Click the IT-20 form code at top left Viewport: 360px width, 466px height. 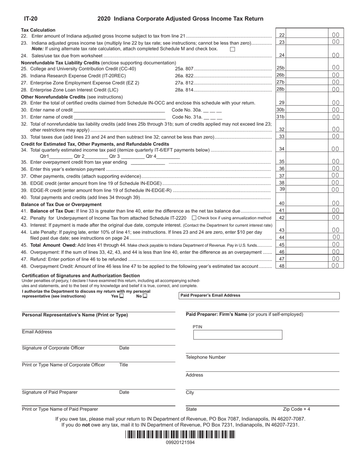[31, 19]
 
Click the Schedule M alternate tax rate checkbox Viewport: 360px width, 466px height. [233, 49]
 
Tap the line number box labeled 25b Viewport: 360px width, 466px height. [280, 68]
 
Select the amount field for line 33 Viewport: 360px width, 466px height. [309, 136]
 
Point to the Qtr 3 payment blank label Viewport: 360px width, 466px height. [114, 156]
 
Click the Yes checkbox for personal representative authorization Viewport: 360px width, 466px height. [121, 296]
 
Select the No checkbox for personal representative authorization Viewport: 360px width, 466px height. [145, 296]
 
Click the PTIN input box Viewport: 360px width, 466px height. [238, 335]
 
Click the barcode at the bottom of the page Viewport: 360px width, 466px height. [180, 435]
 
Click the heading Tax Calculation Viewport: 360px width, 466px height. [38, 30]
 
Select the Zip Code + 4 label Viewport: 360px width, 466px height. [296, 409]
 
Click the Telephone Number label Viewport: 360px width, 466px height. [205, 357]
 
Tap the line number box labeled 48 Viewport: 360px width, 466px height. [282, 266]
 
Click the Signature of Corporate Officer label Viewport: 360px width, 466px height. [53, 348]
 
